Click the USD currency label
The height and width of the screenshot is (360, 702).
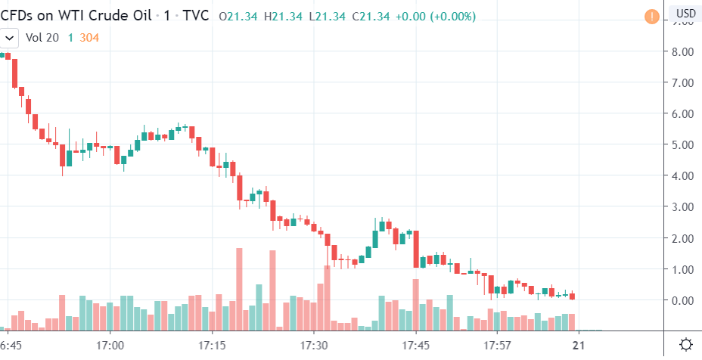click(685, 14)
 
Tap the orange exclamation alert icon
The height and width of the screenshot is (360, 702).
click(651, 15)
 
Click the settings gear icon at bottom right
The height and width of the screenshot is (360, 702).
click(685, 345)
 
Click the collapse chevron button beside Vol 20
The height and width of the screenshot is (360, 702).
click(10, 36)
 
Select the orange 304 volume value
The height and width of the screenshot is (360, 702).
click(90, 36)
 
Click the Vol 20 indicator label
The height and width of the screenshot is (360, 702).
click(42, 36)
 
